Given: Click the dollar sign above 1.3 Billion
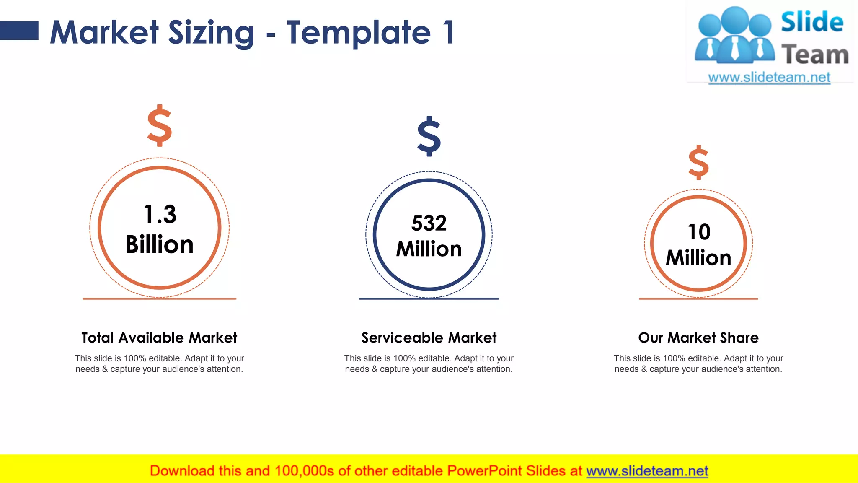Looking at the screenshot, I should pyautogui.click(x=160, y=125).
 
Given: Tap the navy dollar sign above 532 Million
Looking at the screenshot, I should pyautogui.click(x=429, y=136).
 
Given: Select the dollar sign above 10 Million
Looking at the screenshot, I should pyautogui.click(x=698, y=163).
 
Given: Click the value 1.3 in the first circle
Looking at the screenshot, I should pyautogui.click(x=160, y=214).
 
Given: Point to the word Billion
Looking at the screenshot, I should pyautogui.click(x=160, y=244).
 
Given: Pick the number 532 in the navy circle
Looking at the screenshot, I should pyautogui.click(x=429, y=223).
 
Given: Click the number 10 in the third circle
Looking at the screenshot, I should pyautogui.click(x=699, y=232).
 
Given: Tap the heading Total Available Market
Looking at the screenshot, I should pyautogui.click(x=159, y=338).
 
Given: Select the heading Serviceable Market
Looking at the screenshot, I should pyautogui.click(x=429, y=338).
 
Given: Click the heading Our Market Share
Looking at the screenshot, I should pyautogui.click(x=698, y=338).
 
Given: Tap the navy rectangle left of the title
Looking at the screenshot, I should pyautogui.click(x=19, y=31).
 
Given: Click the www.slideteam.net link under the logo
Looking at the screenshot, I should pyautogui.click(x=769, y=77).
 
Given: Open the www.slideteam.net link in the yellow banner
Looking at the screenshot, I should pyautogui.click(x=647, y=471).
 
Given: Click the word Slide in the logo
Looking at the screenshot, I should pyautogui.click(x=812, y=22).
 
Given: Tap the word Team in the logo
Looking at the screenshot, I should pyautogui.click(x=815, y=55).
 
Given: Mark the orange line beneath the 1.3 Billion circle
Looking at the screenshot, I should pyautogui.click(x=159, y=299).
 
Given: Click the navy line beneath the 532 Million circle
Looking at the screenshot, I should pyautogui.click(x=429, y=299).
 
